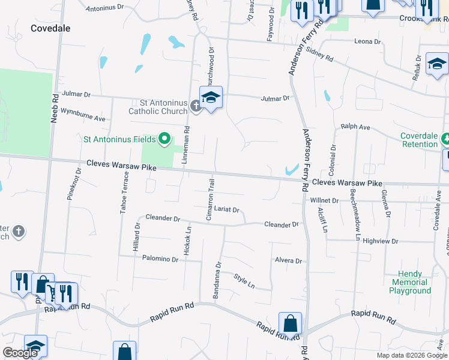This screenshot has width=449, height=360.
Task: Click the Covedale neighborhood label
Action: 50,28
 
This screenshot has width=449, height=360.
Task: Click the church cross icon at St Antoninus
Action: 196,106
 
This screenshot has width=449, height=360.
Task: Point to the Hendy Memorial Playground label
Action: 411,282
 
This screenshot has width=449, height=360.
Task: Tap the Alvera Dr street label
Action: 288,261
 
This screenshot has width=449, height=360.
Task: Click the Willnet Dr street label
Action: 325,200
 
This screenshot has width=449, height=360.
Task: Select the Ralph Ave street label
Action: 355,127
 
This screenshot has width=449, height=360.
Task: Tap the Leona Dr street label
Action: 367,42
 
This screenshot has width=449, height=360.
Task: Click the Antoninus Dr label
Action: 104,9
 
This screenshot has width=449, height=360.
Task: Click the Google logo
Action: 20,353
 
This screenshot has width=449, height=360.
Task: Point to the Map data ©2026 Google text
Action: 411,355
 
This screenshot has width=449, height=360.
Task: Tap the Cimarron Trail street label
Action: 211,200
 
